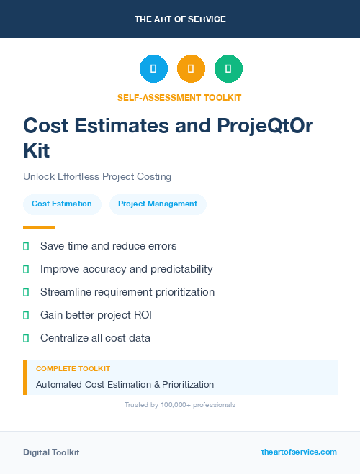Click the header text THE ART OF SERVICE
[180, 19]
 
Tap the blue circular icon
[153, 69]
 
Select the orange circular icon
[191, 69]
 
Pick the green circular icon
[228, 69]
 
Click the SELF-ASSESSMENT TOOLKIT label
[179, 97]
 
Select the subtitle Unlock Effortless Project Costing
[97, 176]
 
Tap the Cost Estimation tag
[62, 204]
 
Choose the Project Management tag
[158, 204]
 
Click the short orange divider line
[39, 227]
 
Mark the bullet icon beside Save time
[26, 246]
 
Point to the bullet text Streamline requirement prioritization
[127, 292]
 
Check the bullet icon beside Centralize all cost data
[26, 338]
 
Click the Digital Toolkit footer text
[51, 452]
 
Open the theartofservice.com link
[299, 452]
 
